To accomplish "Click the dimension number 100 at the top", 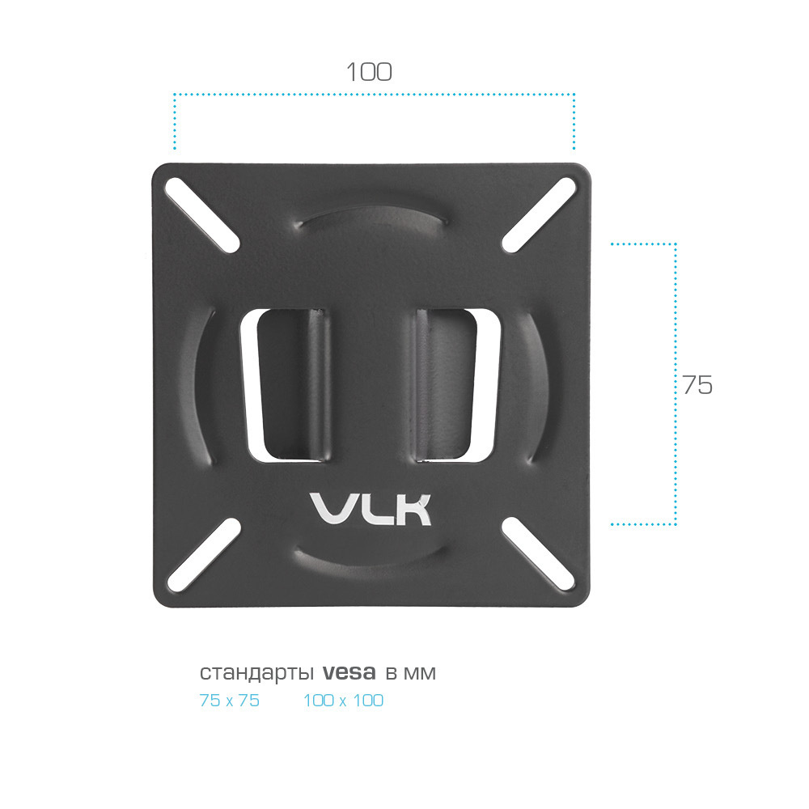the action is (369, 72).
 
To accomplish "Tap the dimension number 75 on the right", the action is (697, 385).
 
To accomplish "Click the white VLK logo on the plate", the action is (371, 509).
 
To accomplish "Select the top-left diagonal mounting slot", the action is (201, 215).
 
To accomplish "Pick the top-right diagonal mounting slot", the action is (539, 215).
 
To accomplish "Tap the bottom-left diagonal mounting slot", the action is (205, 555).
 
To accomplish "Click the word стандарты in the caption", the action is (256, 673).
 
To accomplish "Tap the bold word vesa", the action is (349, 672).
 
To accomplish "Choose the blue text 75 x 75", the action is (230, 701).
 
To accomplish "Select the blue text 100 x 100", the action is (343, 701).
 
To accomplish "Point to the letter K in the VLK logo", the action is (413, 510).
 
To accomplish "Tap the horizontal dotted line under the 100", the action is (374, 95).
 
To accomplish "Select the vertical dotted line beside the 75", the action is (676, 383).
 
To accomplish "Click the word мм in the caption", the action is (419, 674).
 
